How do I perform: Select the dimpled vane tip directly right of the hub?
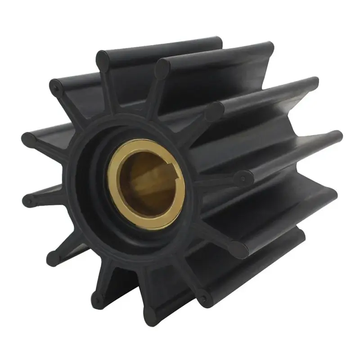[243, 178]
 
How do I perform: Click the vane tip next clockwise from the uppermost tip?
[162, 68]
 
